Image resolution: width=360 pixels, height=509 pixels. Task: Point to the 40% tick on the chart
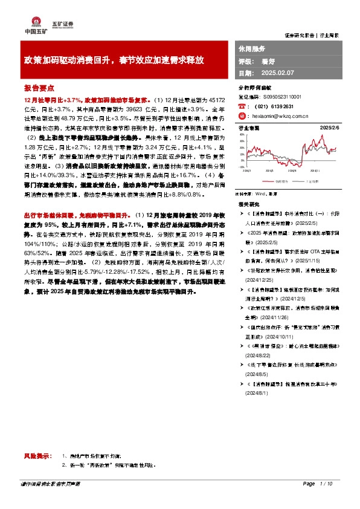(242, 140)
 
